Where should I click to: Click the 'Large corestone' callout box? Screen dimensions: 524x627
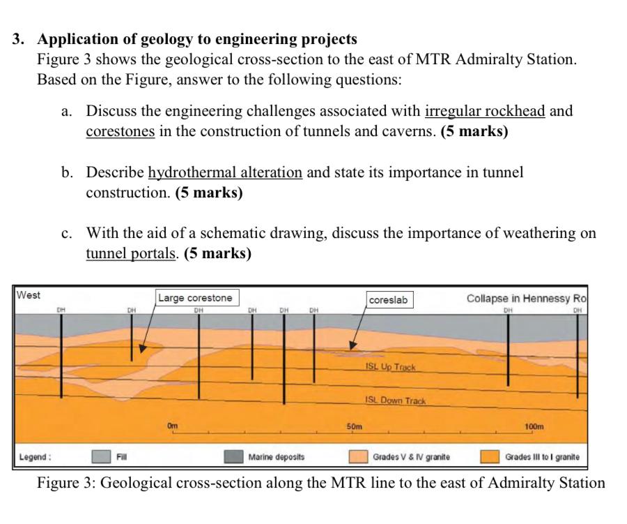[x=196, y=298]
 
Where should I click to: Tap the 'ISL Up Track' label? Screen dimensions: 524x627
[x=389, y=367]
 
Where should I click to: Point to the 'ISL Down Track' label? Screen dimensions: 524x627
[x=394, y=401]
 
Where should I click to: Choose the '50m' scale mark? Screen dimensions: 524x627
[x=355, y=426]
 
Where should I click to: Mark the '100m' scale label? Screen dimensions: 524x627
[x=534, y=426]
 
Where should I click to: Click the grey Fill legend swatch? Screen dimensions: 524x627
[x=102, y=457]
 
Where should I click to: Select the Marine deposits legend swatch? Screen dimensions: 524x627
[x=233, y=457]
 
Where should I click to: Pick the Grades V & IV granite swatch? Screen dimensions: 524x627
[x=358, y=457]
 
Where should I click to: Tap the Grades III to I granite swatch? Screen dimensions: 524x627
[x=490, y=457]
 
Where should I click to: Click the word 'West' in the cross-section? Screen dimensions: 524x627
[x=29, y=295]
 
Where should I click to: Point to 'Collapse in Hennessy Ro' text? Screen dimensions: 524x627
[x=527, y=299]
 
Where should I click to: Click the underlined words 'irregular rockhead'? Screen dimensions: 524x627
[x=486, y=111]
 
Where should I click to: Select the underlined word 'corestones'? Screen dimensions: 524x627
[x=120, y=132]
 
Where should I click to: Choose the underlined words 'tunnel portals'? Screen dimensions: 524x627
[x=130, y=253]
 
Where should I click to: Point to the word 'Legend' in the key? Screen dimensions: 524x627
[x=34, y=458]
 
